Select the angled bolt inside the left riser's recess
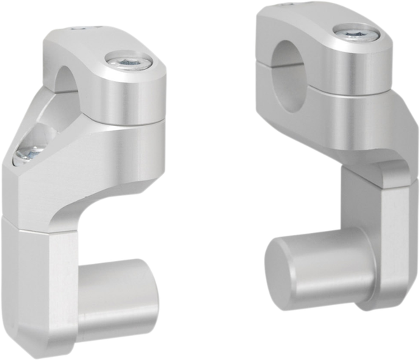click(x=30, y=153)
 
